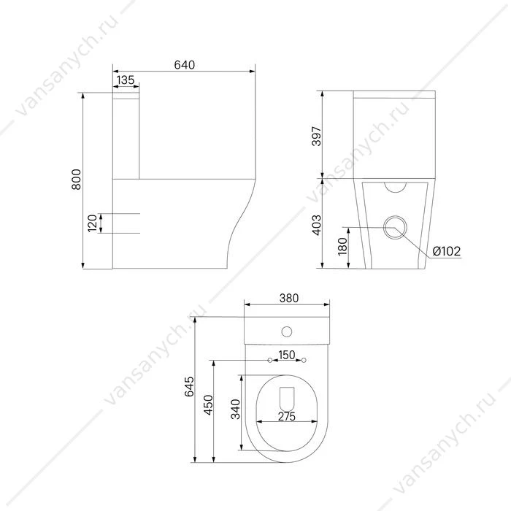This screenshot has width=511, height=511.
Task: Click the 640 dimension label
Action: pyautogui.click(x=185, y=65)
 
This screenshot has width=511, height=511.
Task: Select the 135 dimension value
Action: pyautogui.click(x=126, y=80)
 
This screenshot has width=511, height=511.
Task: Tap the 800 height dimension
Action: pyautogui.click(x=76, y=180)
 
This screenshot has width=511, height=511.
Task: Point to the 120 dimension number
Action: pyautogui.click(x=93, y=223)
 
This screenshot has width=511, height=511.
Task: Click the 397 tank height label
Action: pyautogui.click(x=317, y=137)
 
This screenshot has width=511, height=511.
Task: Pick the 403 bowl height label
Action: pyautogui.click(x=317, y=225)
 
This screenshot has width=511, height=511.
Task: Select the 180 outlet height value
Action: pyautogui.click(x=342, y=247)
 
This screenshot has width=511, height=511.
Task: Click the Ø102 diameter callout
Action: pyautogui.click(x=447, y=251)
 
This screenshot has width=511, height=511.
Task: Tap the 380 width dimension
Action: pyautogui.click(x=289, y=298)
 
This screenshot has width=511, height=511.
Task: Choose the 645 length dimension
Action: pyautogui.click(x=189, y=386)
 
